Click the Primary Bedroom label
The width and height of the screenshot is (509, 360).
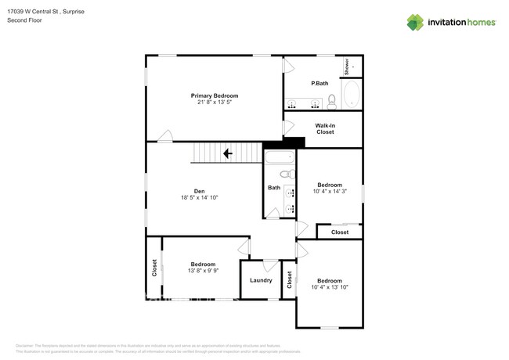(x=214, y=95)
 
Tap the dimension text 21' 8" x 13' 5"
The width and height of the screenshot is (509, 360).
(x=214, y=103)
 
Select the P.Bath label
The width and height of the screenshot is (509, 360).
(x=319, y=84)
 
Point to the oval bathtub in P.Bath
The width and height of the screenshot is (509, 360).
(x=351, y=95)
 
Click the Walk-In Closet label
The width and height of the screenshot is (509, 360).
(x=325, y=128)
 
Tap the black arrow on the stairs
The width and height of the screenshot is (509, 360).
(x=228, y=154)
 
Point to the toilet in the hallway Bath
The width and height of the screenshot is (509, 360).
(x=287, y=175)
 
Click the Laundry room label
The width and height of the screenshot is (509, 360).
(x=261, y=280)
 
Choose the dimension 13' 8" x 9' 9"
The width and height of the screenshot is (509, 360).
(x=203, y=272)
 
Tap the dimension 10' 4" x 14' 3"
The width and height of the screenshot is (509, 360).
(x=329, y=192)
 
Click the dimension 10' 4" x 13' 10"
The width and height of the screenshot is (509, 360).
(x=329, y=288)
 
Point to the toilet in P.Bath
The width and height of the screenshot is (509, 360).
(x=332, y=100)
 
